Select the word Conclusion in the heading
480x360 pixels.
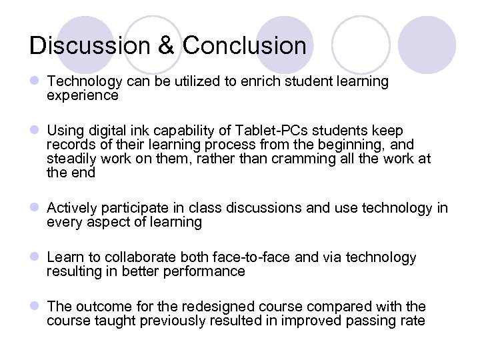[245, 45]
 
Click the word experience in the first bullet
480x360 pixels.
[82, 96]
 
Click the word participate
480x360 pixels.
[131, 208]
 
